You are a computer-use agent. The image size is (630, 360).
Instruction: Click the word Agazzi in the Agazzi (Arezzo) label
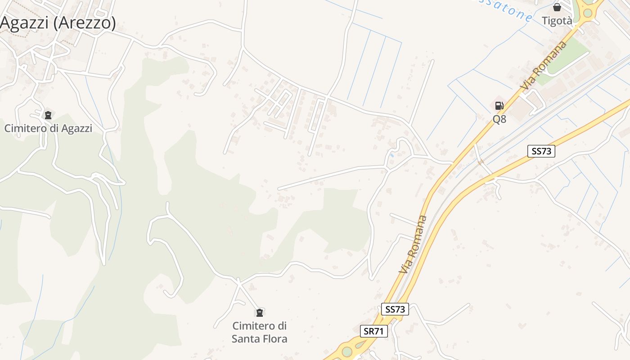[x=24, y=22]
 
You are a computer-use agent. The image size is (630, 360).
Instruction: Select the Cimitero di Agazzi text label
[x=48, y=128]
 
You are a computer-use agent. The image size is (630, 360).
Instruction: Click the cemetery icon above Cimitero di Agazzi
[x=48, y=115]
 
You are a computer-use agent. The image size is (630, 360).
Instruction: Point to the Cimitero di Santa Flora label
[x=259, y=332]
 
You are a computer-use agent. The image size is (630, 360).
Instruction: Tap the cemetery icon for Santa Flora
[x=259, y=312]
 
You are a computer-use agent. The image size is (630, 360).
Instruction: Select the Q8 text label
[x=499, y=119]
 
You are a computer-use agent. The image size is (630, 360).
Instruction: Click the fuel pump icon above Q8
[x=499, y=106]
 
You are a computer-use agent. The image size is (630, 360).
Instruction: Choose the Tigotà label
[x=557, y=21]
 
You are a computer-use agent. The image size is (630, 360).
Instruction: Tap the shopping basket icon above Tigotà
[x=557, y=7]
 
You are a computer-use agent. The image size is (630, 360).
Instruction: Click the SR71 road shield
[x=374, y=332]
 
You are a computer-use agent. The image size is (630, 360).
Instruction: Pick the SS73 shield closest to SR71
[x=396, y=309]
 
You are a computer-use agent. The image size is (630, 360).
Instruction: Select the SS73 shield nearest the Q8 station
[x=541, y=151]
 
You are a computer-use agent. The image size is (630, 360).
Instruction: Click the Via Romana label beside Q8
[x=543, y=65]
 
